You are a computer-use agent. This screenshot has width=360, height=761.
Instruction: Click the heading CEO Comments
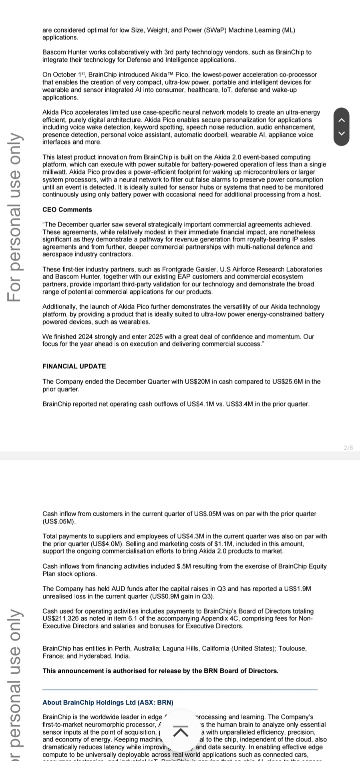pyautogui.click(x=67, y=209)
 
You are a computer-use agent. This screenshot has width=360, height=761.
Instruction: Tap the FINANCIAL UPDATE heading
pyautogui.click(x=74, y=366)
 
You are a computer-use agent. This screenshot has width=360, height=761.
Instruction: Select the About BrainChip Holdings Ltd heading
pyautogui.click(x=108, y=702)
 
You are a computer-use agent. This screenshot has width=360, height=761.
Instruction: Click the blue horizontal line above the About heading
pyautogui.click(x=180, y=689)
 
